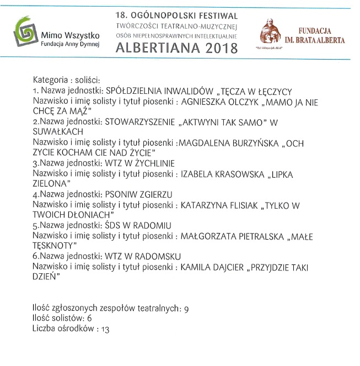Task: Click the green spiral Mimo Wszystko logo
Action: (x=24, y=33)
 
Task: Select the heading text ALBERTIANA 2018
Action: (x=176, y=48)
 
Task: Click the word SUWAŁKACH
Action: (x=57, y=132)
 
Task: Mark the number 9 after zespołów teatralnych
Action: (x=186, y=309)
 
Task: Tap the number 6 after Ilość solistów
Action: (x=89, y=319)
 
